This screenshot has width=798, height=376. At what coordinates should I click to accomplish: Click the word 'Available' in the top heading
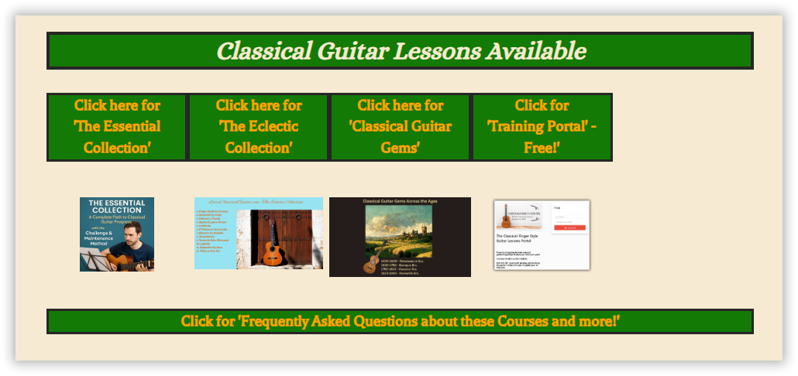[x=535, y=51]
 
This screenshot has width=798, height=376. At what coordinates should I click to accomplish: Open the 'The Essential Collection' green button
[x=117, y=127]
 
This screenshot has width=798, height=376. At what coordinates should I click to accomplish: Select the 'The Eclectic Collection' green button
[x=259, y=127]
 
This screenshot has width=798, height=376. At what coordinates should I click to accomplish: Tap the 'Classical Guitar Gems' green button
[x=401, y=127]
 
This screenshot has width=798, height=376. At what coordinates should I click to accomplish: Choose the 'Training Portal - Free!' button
[x=542, y=127]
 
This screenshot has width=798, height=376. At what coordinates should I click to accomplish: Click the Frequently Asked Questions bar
[x=400, y=321]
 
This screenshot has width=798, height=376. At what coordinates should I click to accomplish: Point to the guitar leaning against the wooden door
[x=270, y=248]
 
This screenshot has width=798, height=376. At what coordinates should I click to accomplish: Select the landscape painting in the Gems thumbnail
[x=399, y=231]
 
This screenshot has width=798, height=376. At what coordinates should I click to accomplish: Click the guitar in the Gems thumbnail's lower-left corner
[x=370, y=263]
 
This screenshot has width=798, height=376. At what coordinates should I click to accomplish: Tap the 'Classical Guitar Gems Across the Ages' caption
[x=400, y=201]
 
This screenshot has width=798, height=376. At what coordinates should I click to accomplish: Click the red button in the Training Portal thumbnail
[x=569, y=227]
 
